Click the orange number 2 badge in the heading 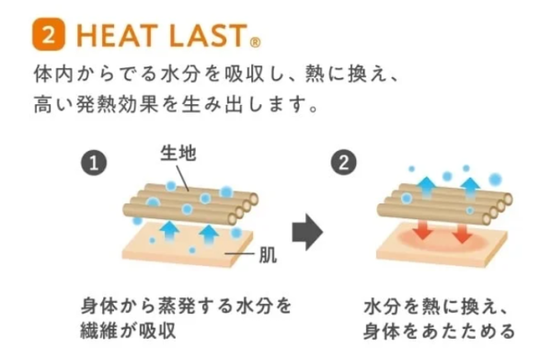coord(48,34)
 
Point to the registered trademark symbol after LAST coord(255,41)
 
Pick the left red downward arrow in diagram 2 coord(422,229)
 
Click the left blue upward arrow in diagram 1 coord(168,229)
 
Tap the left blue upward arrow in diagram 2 coord(428,187)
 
